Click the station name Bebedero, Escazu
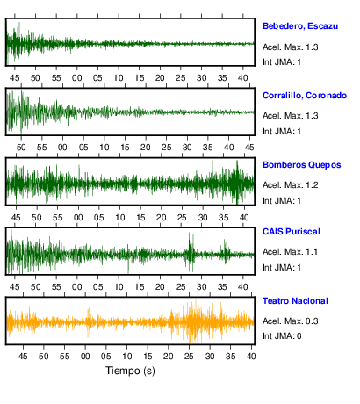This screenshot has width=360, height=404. pyautogui.click(x=300, y=26)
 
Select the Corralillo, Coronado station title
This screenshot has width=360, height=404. pyautogui.click(x=305, y=96)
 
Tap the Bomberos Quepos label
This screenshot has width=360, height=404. pyautogui.click(x=302, y=165)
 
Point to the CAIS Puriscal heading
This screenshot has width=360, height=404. pyautogui.click(x=292, y=232)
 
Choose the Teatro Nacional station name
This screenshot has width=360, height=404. pyautogui.click(x=295, y=301)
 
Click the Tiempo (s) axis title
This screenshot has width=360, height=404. pyautogui.click(x=130, y=371)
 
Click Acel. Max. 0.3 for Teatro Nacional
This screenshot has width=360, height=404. pyautogui.click(x=290, y=321)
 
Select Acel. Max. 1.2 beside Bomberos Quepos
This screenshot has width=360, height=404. pyautogui.click(x=290, y=185)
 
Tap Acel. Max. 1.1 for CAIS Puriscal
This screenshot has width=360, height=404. pyautogui.click(x=290, y=252)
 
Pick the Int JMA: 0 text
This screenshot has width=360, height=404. pyautogui.click(x=282, y=335)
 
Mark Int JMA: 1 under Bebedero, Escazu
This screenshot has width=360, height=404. pyautogui.click(x=282, y=62)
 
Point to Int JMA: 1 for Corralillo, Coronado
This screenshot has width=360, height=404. pyautogui.click(x=282, y=132)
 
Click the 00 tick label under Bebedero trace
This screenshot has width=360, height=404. pyautogui.click(x=77, y=78)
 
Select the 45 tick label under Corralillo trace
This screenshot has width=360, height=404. pyautogui.click(x=249, y=148)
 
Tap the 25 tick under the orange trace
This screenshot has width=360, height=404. pyautogui.click(x=189, y=357)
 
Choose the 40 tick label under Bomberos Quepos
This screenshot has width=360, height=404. pyautogui.click(x=244, y=218)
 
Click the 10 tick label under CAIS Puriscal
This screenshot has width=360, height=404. pyautogui.click(x=119, y=287)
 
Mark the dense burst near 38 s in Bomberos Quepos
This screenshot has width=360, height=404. pyautogui.click(x=236, y=183)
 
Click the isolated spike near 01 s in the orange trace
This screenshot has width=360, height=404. pyautogui.click(x=89, y=322)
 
